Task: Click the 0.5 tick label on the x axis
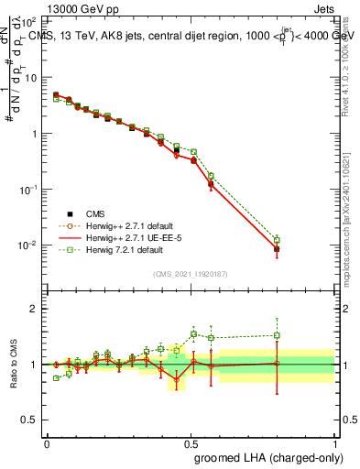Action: [x=191, y=443]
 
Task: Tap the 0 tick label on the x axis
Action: [x=47, y=443]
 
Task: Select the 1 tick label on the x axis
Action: [x=334, y=443]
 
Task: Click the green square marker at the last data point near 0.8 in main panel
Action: [x=277, y=240]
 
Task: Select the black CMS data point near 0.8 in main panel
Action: [x=277, y=248]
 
